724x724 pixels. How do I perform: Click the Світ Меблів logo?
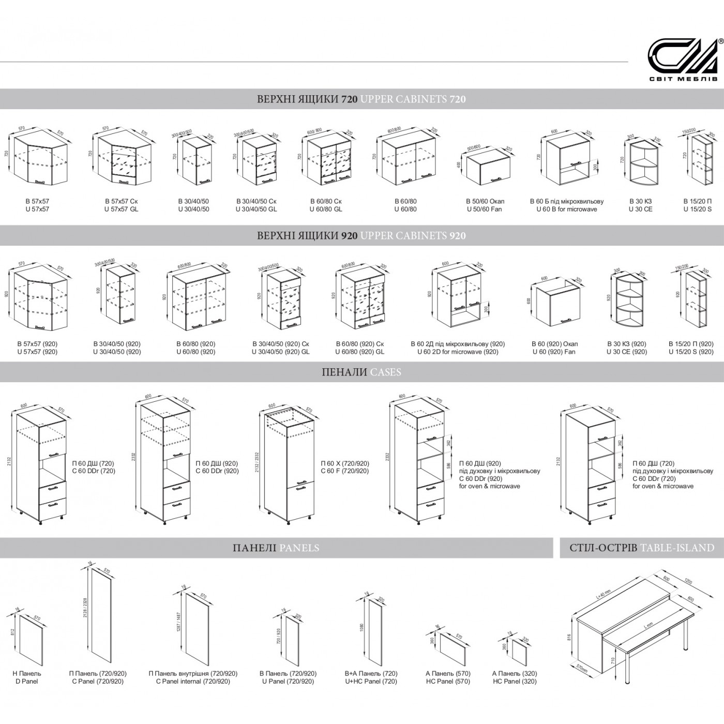click(683, 60)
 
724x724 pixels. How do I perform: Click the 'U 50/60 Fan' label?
click(484, 209)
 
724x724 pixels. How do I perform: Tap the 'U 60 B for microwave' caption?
click(566, 209)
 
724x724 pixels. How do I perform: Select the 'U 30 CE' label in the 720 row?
click(640, 209)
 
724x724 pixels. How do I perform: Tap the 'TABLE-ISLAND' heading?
click(677, 548)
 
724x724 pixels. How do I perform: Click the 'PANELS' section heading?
click(299, 548)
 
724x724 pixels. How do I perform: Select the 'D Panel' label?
click(26, 682)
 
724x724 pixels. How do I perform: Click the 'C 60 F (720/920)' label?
click(344, 471)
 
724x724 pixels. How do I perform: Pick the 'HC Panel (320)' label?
click(515, 682)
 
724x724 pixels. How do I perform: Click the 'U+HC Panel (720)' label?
click(371, 682)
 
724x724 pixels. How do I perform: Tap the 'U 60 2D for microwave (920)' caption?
click(458, 352)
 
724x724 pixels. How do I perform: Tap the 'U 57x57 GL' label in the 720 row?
click(121, 209)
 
